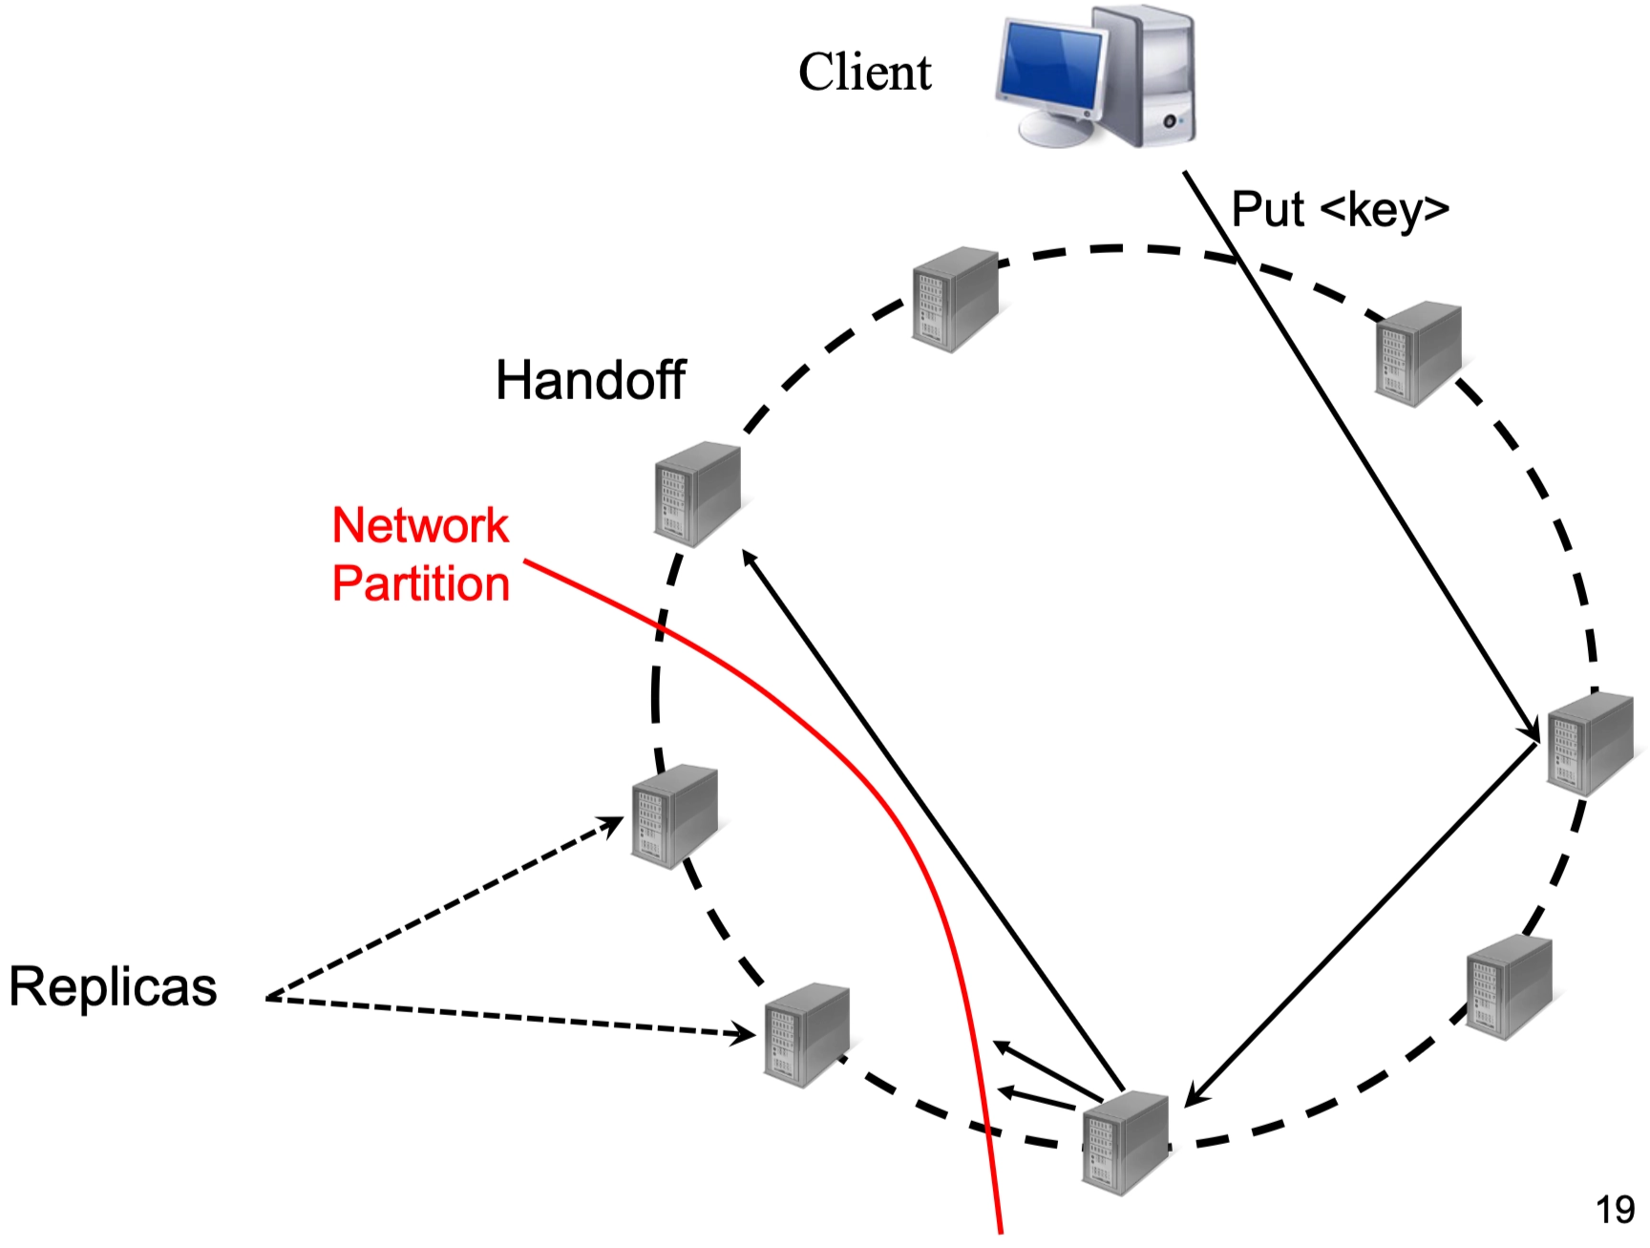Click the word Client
tap(864, 73)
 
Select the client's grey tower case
tap(1146, 76)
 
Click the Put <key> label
tap(1340, 209)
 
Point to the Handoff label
tap(590, 380)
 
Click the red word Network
tap(420, 525)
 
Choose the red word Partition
tap(420, 583)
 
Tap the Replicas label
tap(113, 986)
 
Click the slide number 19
tap(1615, 1210)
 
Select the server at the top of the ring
tap(954, 299)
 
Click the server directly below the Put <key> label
tap(1418, 353)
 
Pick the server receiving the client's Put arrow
tap(1589, 744)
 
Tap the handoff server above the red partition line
tap(697, 494)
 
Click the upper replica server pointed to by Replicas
tap(673, 816)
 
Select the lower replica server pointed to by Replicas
tap(807, 1035)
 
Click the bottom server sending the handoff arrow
tap(1126, 1142)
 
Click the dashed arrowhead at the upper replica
tap(614, 822)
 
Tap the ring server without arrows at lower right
tap(1509, 987)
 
